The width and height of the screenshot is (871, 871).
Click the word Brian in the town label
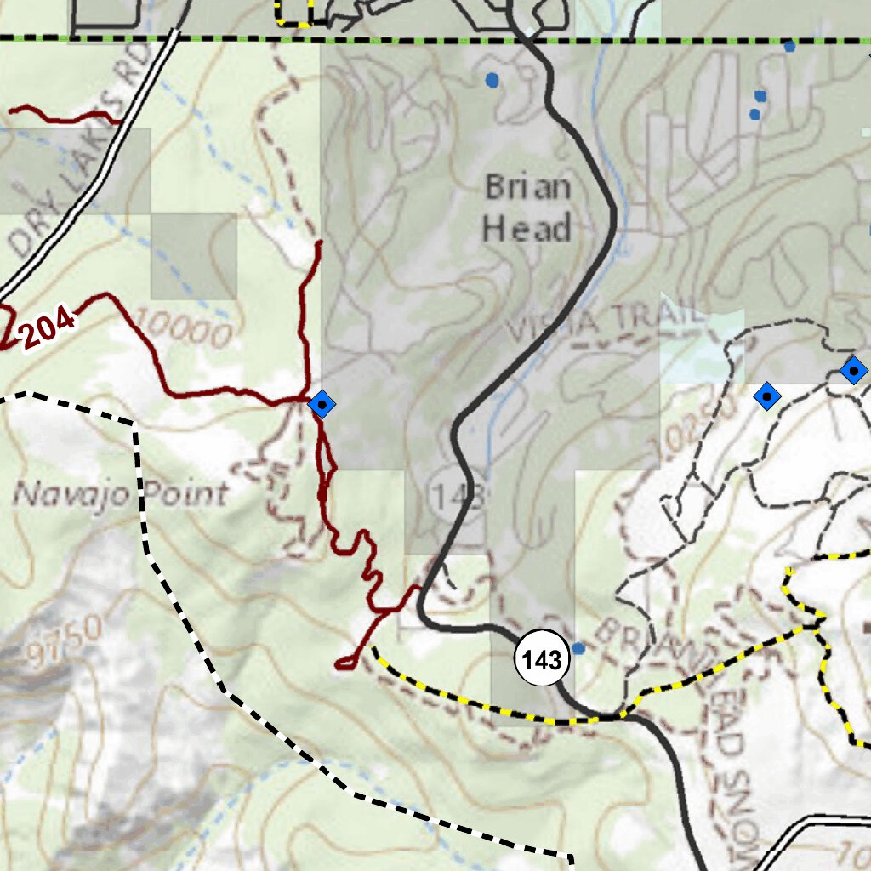527,187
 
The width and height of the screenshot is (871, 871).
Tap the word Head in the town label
526,229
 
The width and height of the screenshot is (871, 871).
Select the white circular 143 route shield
542,659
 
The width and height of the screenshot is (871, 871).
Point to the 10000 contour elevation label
183,327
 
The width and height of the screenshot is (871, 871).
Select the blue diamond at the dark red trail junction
321,403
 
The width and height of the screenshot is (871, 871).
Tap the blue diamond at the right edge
852,370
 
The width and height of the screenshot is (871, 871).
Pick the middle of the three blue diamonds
766,396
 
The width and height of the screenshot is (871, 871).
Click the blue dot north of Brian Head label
492,81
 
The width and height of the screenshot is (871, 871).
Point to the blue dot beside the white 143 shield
579,648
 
